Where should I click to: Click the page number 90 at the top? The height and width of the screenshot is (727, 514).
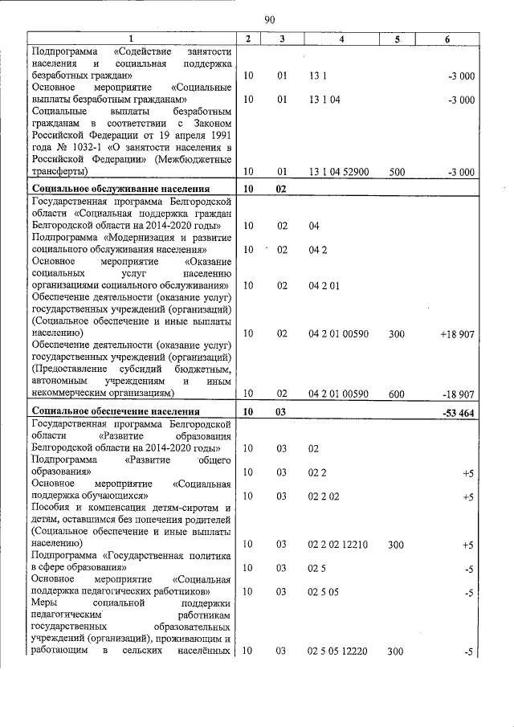[269, 19]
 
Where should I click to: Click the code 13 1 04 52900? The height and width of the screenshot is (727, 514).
[338, 172]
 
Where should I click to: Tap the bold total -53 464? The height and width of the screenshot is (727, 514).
[458, 412]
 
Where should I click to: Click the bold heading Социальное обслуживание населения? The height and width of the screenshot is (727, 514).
[112, 190]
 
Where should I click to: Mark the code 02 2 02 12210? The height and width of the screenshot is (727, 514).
[337, 545]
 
